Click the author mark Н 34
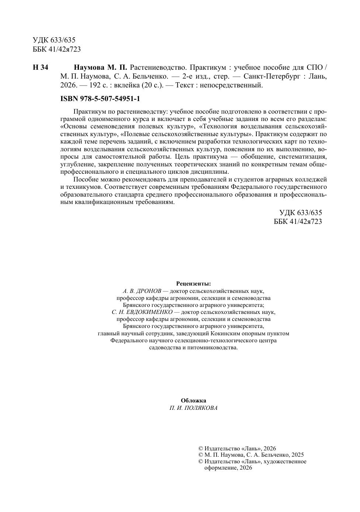point(41,68)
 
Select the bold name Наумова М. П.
point(100,68)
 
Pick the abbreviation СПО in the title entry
point(315,68)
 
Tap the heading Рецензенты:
point(194,284)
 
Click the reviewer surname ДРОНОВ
point(146,291)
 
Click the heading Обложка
point(194,401)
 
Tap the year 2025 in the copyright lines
point(297,455)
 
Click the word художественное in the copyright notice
point(285,462)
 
